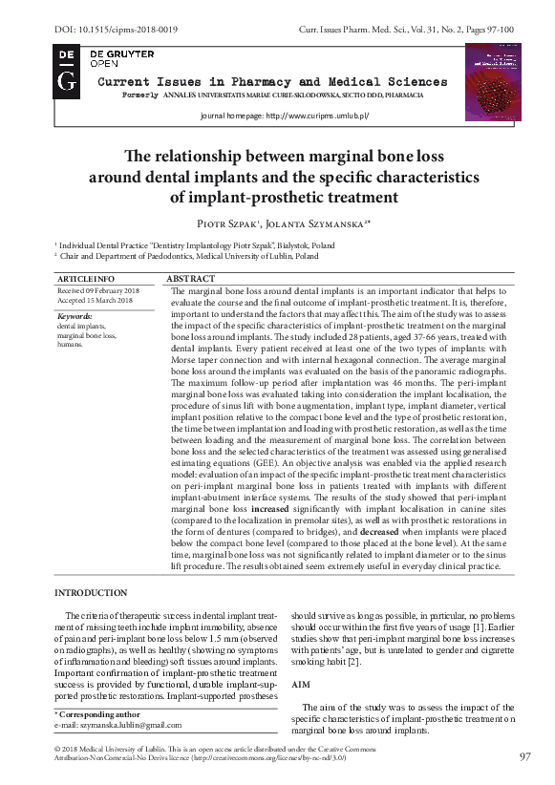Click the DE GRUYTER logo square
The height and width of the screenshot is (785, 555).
click(67, 71)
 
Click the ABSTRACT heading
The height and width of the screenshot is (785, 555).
click(191, 277)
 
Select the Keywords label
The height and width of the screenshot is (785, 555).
click(75, 315)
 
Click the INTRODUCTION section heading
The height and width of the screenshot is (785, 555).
click(92, 592)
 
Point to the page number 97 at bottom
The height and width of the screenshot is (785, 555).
click(524, 756)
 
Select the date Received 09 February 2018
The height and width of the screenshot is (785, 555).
click(98, 289)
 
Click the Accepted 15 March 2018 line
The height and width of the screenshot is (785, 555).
click(95, 300)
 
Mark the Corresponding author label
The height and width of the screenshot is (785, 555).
click(97, 714)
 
